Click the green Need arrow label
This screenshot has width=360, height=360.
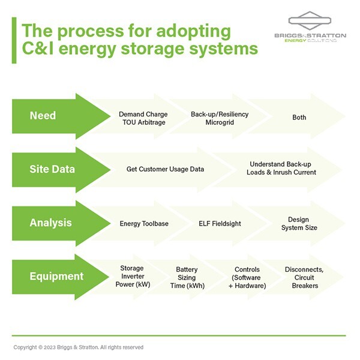(43, 115)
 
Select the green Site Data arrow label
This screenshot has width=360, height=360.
(52, 169)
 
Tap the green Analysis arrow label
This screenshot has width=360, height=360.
(50, 223)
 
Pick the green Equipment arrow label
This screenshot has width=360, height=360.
(56, 277)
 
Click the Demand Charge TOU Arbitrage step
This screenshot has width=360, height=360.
(143, 118)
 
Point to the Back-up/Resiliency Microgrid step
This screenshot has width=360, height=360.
(220, 118)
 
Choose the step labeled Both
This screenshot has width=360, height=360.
(299, 118)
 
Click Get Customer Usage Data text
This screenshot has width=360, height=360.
(165, 169)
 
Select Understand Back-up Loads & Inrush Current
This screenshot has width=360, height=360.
(281, 169)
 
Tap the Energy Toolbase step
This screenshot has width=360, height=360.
(144, 224)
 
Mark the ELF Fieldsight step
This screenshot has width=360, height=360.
(220, 224)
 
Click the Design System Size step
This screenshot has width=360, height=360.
(298, 224)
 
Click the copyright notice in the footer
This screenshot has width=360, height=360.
(79, 347)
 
